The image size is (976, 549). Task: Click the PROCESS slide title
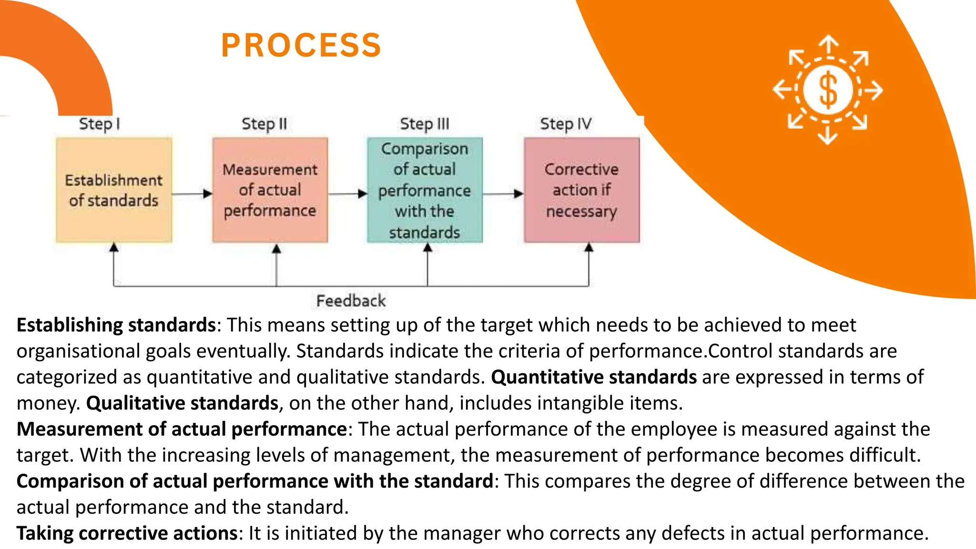pyautogui.click(x=301, y=46)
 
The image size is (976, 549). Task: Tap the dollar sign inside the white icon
pyautogui.click(x=828, y=90)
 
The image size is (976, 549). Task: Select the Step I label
pyautogui.click(x=99, y=124)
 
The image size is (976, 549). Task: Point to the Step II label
pyautogui.click(x=264, y=124)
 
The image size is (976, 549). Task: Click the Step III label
pyautogui.click(x=424, y=124)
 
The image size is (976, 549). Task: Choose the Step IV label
pyautogui.click(x=565, y=124)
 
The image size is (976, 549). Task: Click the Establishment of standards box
pyautogui.click(x=114, y=190)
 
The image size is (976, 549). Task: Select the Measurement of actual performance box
pyautogui.click(x=270, y=190)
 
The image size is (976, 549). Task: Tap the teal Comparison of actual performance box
pyautogui.click(x=425, y=190)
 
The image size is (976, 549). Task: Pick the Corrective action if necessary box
pyautogui.click(x=582, y=190)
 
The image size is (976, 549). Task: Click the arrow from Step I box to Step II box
pyautogui.click(x=192, y=193)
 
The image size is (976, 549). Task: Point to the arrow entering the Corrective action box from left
pyautogui.click(x=503, y=193)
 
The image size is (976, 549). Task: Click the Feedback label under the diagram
pyautogui.click(x=351, y=301)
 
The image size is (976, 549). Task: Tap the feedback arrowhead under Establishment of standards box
pyautogui.click(x=113, y=247)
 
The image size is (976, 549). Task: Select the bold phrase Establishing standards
pyautogui.click(x=116, y=325)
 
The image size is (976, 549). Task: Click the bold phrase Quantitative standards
pyautogui.click(x=594, y=377)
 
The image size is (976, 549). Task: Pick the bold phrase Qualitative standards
pyautogui.click(x=182, y=403)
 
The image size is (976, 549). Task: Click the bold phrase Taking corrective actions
pyautogui.click(x=127, y=533)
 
